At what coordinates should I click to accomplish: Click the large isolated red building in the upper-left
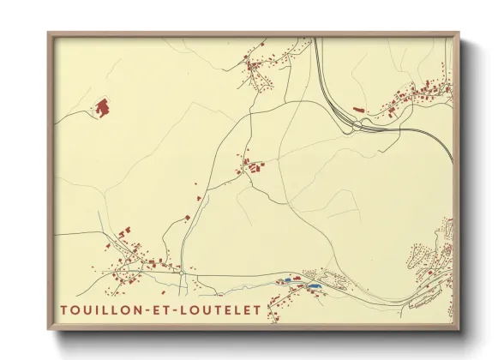pos(101,108)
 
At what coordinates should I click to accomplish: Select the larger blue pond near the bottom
pos(315,284)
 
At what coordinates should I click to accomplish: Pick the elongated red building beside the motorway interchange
pos(358,110)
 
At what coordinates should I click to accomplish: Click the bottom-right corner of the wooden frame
pos(459,328)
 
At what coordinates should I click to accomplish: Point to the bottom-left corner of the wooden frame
pos(49,328)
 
